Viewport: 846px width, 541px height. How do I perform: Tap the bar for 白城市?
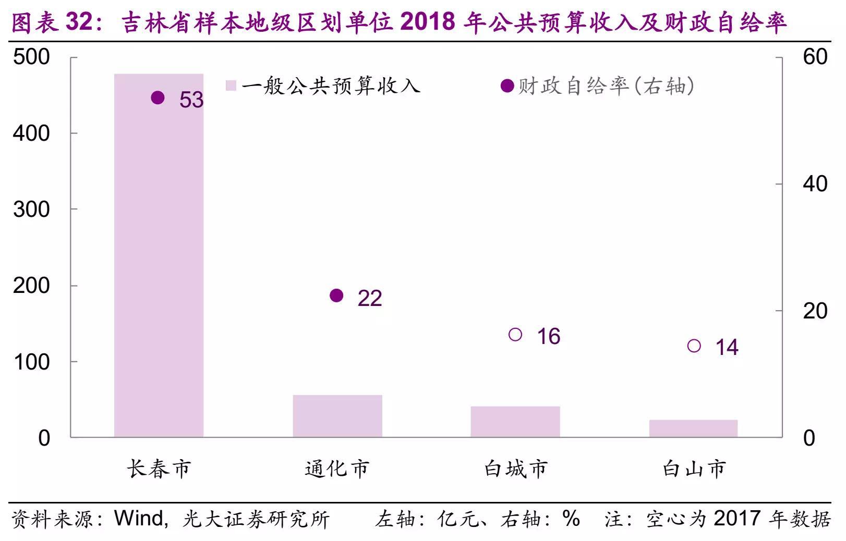point(515,422)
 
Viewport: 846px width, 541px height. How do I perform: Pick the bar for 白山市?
point(693,428)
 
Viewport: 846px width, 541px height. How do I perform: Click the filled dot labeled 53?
point(158,97)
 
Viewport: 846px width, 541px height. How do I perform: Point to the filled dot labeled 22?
point(337,296)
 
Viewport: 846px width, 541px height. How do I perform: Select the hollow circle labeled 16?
point(515,335)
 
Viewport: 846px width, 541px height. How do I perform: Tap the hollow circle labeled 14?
point(694,346)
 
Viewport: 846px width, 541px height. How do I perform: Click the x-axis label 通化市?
point(337,469)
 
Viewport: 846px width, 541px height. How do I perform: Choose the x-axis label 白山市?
point(694,469)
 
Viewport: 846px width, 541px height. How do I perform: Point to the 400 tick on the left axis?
point(31,133)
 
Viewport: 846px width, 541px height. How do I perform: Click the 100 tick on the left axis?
point(31,362)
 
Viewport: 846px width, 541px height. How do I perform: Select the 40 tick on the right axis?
point(815,184)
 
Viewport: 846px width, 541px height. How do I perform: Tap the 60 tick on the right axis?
point(815,57)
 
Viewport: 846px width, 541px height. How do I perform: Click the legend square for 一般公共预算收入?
point(231,85)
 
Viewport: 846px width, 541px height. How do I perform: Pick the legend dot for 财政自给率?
point(507,86)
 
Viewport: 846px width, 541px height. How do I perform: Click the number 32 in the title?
point(80,22)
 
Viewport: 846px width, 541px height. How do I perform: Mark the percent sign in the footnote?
point(571,519)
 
